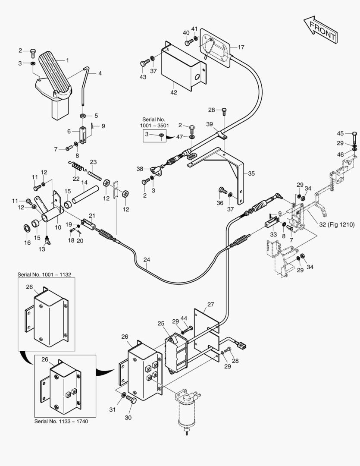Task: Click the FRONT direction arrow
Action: click(x=321, y=29)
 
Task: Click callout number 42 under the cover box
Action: click(x=174, y=92)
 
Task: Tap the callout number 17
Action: click(x=241, y=47)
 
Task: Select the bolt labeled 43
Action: click(x=145, y=63)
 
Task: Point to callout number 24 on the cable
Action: click(x=147, y=259)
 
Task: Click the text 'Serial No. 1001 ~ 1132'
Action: click(x=44, y=274)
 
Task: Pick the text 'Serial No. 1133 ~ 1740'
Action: click(x=61, y=421)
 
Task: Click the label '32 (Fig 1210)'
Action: click(x=337, y=224)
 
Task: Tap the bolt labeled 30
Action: click(x=131, y=400)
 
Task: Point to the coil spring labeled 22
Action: click(x=77, y=166)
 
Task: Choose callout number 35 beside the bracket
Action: click(x=251, y=173)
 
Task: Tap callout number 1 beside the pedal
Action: click(x=67, y=60)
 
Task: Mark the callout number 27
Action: click(x=210, y=304)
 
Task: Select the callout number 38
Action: click(x=140, y=169)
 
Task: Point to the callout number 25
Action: click(x=161, y=323)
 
